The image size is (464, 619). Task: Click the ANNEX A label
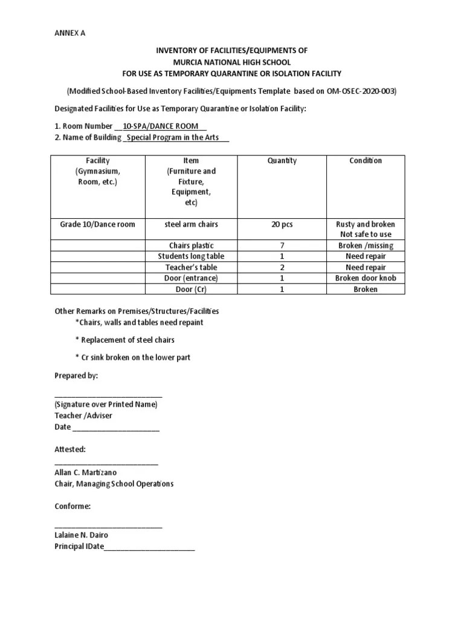[x=69, y=33]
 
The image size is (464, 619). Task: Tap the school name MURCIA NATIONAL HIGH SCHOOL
[x=231, y=62]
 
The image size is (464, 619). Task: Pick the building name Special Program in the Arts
[x=176, y=138]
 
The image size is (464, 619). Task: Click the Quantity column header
[x=282, y=160]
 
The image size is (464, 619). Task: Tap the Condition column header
[x=366, y=160]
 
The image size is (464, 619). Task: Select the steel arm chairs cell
[x=192, y=224]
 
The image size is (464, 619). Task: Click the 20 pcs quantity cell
[x=282, y=224]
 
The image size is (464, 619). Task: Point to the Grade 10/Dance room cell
[x=97, y=224]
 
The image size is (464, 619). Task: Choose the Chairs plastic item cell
[x=192, y=245]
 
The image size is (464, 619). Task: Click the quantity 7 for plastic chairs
[x=282, y=245]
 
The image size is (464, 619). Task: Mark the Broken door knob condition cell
[x=366, y=278]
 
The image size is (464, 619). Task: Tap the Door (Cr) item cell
[x=192, y=289]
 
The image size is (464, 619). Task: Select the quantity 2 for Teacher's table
[x=282, y=267]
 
